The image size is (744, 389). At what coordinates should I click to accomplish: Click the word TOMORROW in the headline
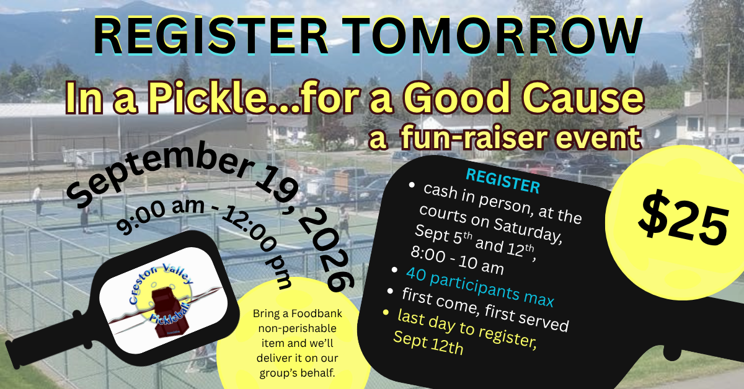[x=492, y=35]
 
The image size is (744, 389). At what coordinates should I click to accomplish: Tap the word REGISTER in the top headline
[x=211, y=35]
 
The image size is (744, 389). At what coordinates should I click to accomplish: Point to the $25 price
[x=683, y=220]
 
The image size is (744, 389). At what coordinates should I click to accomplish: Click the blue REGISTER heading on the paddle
[x=503, y=181]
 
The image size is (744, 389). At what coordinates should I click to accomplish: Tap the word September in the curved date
[x=159, y=173]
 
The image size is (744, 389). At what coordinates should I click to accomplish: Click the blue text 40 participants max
[x=480, y=287]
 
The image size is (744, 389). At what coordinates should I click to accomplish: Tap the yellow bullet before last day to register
[x=386, y=312]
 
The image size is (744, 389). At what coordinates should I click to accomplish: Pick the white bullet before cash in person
[x=412, y=185]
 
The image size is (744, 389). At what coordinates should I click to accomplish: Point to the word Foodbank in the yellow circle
[x=317, y=313]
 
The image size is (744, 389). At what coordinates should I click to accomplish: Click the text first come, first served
[x=485, y=310]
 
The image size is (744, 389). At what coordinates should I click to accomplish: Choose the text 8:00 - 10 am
[x=457, y=260]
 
